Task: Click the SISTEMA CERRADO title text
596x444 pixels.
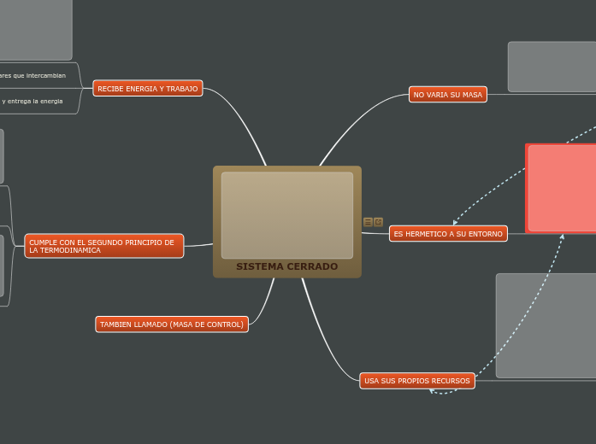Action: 286,266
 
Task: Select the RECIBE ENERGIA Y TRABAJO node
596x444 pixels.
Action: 147,89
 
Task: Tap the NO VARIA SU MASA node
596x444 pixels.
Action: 447,95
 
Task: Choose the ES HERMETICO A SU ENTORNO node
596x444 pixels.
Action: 448,234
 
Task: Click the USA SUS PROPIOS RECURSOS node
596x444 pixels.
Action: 416,381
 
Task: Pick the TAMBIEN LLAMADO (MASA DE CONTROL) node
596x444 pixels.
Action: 171,324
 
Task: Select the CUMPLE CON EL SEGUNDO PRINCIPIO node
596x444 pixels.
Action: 103,246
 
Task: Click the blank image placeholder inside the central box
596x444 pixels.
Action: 286,215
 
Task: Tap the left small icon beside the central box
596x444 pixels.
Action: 368,222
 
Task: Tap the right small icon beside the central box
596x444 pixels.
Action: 378,222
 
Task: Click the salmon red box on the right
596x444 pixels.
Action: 562,188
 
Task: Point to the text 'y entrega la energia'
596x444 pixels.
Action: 32,101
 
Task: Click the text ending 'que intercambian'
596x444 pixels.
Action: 34,75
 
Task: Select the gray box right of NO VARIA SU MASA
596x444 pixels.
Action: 552,67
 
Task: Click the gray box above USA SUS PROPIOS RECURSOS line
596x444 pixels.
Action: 546,325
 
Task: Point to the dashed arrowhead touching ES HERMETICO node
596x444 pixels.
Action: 456,224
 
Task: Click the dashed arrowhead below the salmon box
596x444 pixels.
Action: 563,237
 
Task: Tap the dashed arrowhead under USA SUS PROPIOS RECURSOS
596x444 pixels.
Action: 433,392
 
